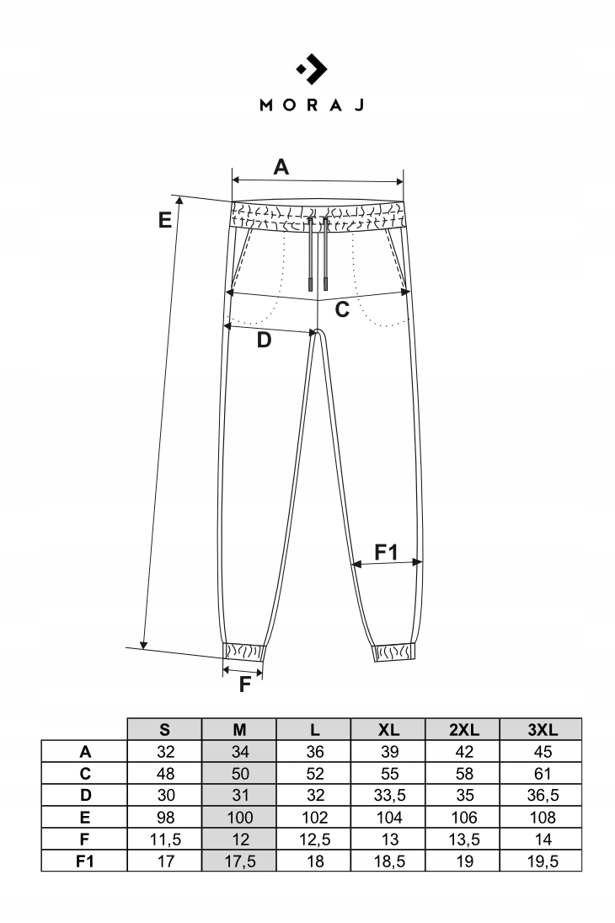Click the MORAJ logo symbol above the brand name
pos(312,71)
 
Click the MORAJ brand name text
pos(311,105)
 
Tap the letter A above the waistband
pos(281,167)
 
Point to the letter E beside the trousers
pos(165,220)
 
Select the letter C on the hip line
pos(342,309)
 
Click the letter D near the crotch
pos(264,341)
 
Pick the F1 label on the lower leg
pos(386,552)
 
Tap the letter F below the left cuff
pos(245,684)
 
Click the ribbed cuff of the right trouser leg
pos(394,652)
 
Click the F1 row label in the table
pos(84,861)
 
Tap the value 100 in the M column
pos(238,817)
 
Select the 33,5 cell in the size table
pos(388,795)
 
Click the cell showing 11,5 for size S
pos(164,839)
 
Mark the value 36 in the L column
pos(313,752)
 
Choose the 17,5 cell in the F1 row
pos(238,861)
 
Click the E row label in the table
pos(84,817)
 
